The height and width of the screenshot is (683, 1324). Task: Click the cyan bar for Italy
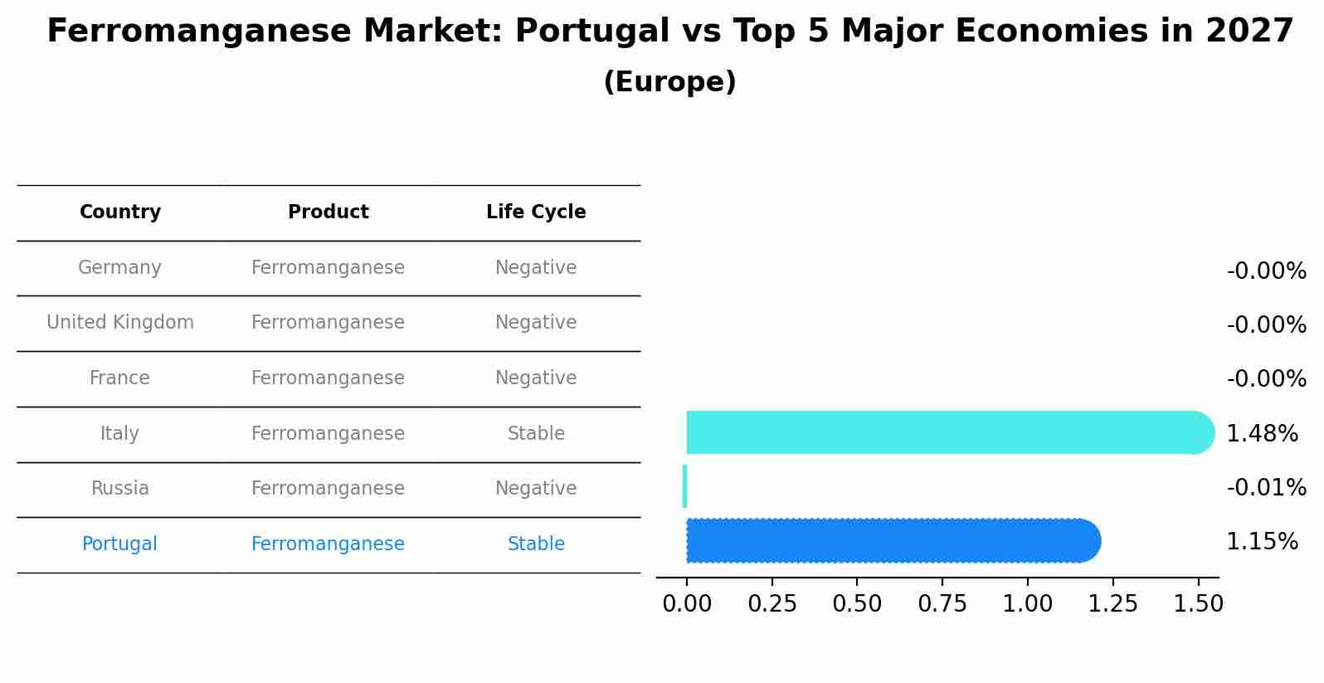coord(946,432)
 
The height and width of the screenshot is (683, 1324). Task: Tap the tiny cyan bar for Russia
coord(684,486)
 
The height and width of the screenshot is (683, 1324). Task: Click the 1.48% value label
coord(1262,433)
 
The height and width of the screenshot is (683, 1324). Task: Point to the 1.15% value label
coord(1262,542)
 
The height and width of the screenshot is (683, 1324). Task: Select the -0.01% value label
coord(1266,487)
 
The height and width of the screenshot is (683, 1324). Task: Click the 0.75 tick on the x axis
coord(942,604)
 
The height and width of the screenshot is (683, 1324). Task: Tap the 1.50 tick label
coord(1198,604)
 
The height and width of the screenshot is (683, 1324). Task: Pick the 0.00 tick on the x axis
coord(687,604)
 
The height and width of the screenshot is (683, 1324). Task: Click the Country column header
coord(120,212)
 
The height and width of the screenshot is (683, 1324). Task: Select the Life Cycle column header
coord(536,212)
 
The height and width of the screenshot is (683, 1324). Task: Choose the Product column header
coord(329,212)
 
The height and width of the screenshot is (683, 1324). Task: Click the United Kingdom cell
coord(120,323)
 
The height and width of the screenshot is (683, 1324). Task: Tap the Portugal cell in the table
coord(119,544)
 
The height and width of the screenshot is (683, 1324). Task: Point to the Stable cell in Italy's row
coord(536,434)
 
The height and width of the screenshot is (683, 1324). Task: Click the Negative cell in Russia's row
coord(536,489)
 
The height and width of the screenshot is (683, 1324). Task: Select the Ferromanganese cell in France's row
coord(328,378)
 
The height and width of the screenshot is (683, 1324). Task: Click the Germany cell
coord(119,268)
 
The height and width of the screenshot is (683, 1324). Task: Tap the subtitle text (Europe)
coord(669,82)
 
